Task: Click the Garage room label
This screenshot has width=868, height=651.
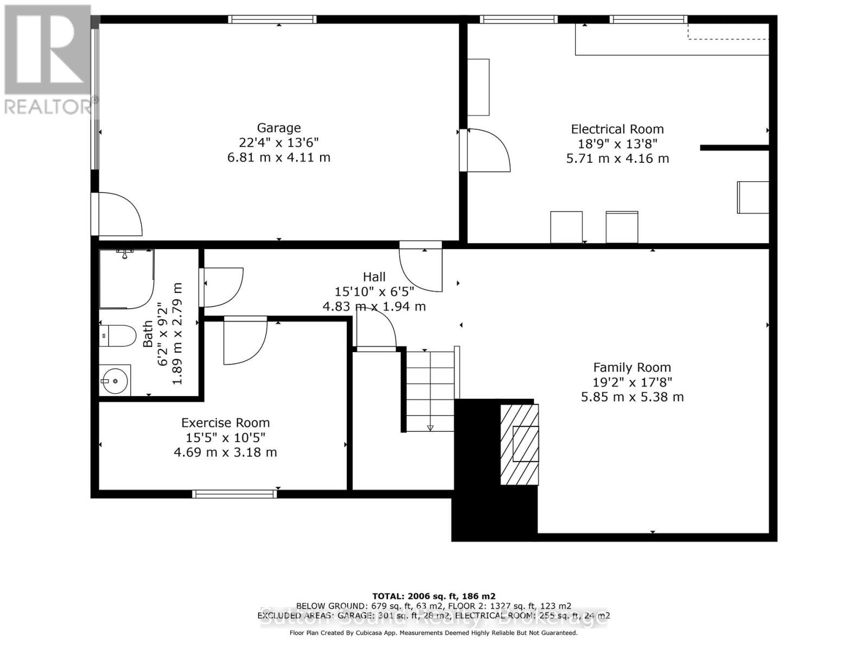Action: pyautogui.click(x=278, y=128)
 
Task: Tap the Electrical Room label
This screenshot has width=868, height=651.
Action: pyautogui.click(x=617, y=129)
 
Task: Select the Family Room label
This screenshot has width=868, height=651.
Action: pyautogui.click(x=631, y=367)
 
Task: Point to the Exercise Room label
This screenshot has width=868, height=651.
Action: pyautogui.click(x=225, y=423)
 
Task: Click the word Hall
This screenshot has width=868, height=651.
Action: pyautogui.click(x=374, y=277)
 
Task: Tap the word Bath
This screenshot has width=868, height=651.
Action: pyautogui.click(x=148, y=334)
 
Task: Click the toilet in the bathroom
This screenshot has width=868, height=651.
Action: pyautogui.click(x=118, y=336)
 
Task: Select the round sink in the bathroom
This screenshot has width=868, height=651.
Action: pyautogui.click(x=114, y=380)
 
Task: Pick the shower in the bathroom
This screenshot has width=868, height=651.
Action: pyautogui.click(x=126, y=278)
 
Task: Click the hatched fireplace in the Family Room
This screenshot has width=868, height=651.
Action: pyautogui.click(x=520, y=444)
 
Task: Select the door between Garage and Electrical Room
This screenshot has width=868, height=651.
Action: pyautogui.click(x=486, y=151)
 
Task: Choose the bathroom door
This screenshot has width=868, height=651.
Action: pyautogui.click(x=222, y=286)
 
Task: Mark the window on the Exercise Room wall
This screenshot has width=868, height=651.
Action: pyautogui.click(x=234, y=494)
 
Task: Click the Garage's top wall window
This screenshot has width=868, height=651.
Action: pyautogui.click(x=272, y=20)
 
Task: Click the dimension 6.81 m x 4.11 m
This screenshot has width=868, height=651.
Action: pyautogui.click(x=278, y=157)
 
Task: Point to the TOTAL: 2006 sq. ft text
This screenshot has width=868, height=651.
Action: pyautogui.click(x=433, y=596)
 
